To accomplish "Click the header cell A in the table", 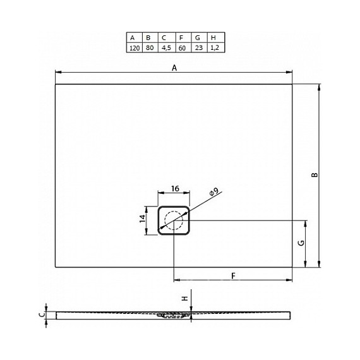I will tap(133, 37).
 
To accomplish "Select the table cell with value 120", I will tap(133, 47).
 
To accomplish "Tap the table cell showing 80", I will tap(149, 47).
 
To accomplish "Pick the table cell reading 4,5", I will tap(165, 47).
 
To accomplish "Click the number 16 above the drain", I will tap(176, 188).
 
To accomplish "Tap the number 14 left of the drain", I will tap(143, 220).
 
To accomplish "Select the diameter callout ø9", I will tap(213, 191).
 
